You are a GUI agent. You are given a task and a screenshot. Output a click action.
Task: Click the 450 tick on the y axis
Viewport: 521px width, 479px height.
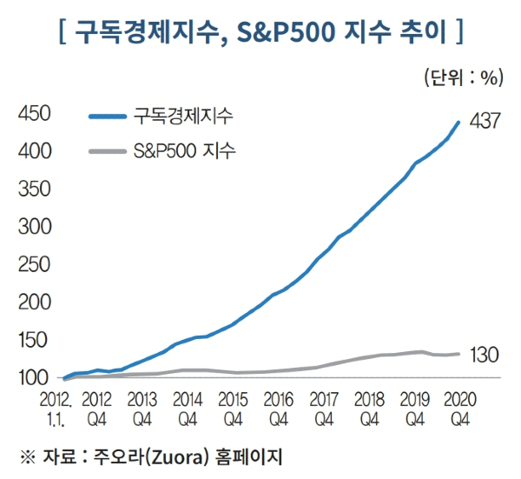click(32, 114)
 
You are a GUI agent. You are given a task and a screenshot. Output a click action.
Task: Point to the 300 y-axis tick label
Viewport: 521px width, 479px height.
click(32, 227)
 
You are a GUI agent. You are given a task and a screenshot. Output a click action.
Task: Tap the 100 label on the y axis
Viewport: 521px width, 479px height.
click(32, 378)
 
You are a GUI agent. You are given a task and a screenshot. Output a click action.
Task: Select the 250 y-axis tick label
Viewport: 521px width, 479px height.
click(32, 264)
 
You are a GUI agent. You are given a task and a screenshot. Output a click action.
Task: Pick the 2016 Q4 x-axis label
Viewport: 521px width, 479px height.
click(277, 408)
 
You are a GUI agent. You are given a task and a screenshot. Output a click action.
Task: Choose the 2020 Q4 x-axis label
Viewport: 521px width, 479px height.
click(458, 408)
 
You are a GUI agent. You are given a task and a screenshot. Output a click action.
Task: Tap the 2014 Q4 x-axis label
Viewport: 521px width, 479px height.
click(187, 408)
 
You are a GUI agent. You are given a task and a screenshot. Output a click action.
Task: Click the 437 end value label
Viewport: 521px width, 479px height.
click(485, 122)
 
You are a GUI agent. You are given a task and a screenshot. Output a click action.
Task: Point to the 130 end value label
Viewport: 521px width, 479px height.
click(485, 355)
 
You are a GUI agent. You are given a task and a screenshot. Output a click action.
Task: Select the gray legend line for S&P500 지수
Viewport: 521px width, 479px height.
click(108, 151)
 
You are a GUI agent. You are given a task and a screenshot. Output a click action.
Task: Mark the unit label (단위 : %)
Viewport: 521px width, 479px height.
click(464, 77)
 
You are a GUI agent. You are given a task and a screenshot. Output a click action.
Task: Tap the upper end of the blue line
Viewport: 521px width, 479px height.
click(458, 123)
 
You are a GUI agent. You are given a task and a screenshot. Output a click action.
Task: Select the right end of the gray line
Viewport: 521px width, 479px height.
click(458, 354)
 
